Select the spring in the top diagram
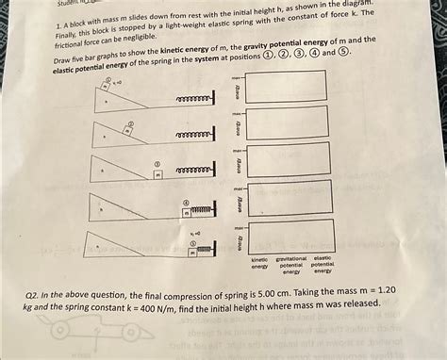pos(193,98)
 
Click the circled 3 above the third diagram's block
pos(157,164)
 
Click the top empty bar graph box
pos(286,87)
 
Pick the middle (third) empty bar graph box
pos(288,160)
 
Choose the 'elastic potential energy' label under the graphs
pos(323,265)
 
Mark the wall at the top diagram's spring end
pos(214,98)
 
